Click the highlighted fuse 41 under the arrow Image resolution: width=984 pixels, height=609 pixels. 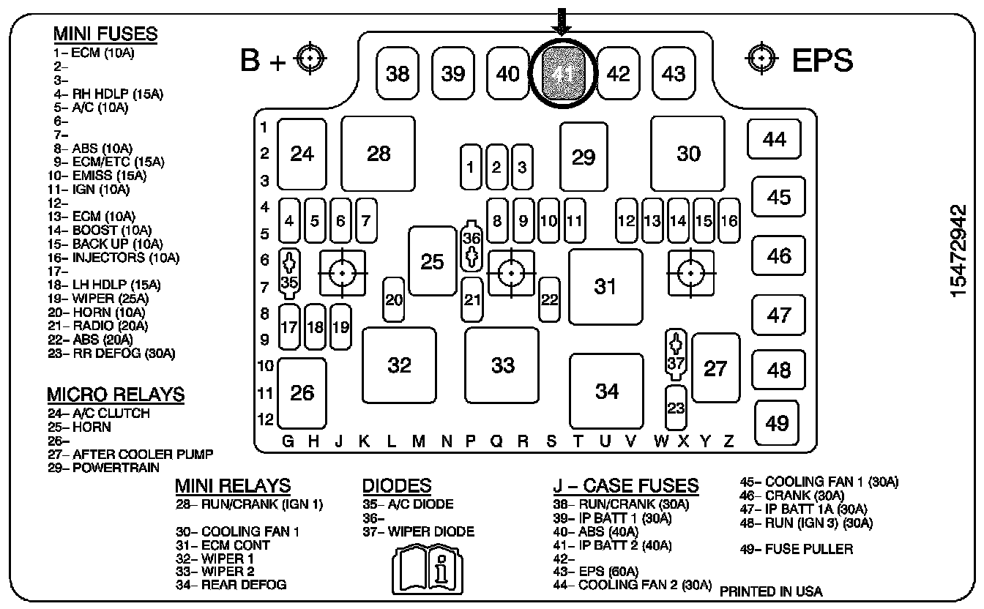pyautogui.click(x=562, y=73)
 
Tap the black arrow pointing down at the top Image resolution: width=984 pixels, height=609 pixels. pyautogui.click(x=562, y=20)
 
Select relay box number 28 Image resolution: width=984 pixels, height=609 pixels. pyautogui.click(x=379, y=154)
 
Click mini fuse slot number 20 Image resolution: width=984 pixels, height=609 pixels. pyautogui.click(x=394, y=299)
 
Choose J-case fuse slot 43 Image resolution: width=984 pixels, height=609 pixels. pyautogui.click(x=673, y=73)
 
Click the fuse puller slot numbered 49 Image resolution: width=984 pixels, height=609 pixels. pyautogui.click(x=777, y=423)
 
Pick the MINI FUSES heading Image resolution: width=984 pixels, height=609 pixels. pyautogui.click(x=105, y=34)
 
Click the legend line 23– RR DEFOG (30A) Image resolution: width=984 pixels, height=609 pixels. pyautogui.click(x=113, y=354)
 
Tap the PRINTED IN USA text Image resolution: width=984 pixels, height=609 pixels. pyautogui.click(x=771, y=591)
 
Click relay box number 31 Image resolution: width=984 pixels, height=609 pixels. pyautogui.click(x=605, y=286)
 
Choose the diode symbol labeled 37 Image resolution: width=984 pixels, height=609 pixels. pyautogui.click(x=676, y=354)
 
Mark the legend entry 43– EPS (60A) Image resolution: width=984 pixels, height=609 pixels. pyautogui.click(x=597, y=572)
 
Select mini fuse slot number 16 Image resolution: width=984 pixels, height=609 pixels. pyautogui.click(x=728, y=220)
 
